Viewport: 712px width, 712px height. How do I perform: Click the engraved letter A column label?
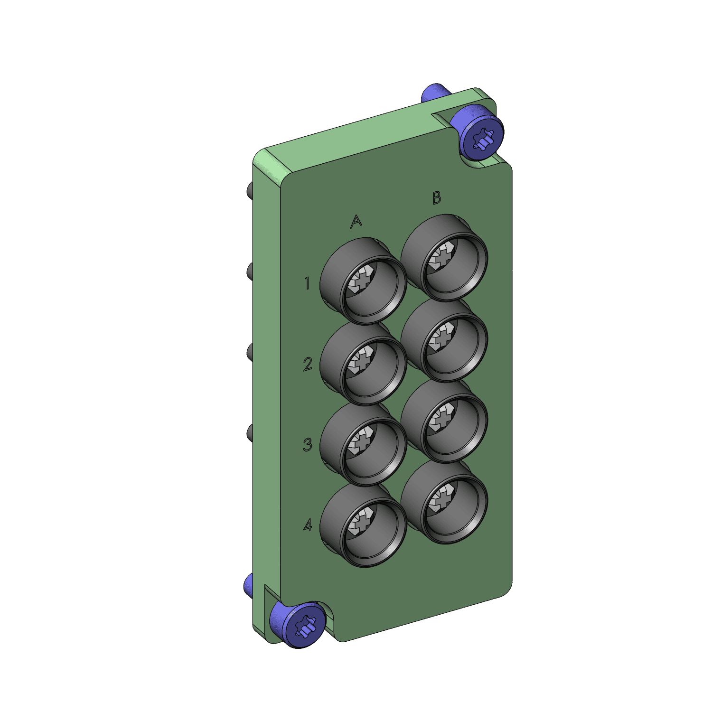click(x=356, y=221)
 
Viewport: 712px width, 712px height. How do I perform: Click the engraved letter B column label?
click(x=437, y=197)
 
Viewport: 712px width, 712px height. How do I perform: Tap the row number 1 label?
click(x=307, y=283)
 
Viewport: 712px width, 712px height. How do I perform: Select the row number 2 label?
click(x=308, y=364)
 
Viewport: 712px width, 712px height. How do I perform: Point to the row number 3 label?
click(x=308, y=445)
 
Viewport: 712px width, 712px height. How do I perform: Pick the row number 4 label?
click(x=308, y=525)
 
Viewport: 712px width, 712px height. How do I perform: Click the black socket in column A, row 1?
click(x=363, y=282)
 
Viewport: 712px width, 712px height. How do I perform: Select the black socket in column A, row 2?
click(x=363, y=364)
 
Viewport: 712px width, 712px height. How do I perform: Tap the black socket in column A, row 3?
click(x=363, y=444)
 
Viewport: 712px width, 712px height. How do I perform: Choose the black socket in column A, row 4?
click(x=363, y=525)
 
